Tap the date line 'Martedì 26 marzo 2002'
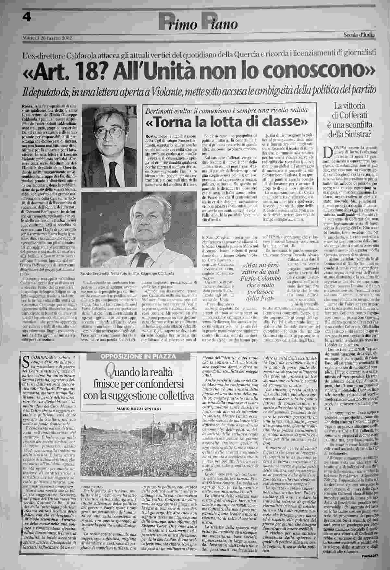(47, 37)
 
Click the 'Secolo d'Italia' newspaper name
(359, 35)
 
